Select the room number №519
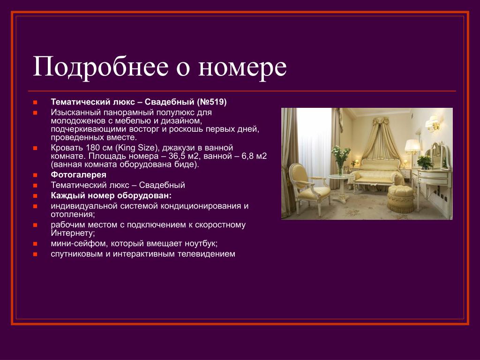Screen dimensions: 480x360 click(211, 102)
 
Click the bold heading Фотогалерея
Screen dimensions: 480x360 click(79, 175)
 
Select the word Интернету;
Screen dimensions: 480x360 click(73, 233)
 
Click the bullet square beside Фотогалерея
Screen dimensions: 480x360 click(35, 175)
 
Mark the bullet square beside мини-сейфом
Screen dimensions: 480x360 click(35, 244)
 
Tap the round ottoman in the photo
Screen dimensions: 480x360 click(400, 199)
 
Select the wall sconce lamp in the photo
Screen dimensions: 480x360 click(433, 124)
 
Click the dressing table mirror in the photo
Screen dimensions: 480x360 click(440, 156)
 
